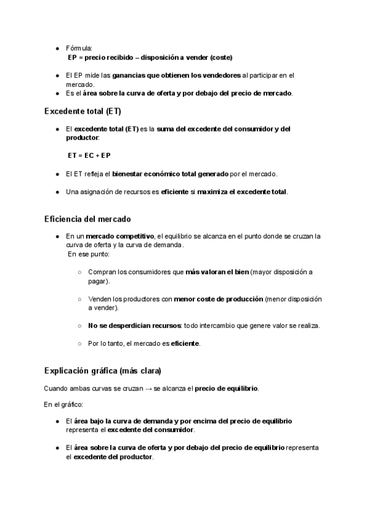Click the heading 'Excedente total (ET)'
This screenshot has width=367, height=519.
pyautogui.click(x=83, y=111)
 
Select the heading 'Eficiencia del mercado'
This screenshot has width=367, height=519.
pyautogui.click(x=87, y=218)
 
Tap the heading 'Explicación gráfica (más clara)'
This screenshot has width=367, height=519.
pyautogui.click(x=103, y=371)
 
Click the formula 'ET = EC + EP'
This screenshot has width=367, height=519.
pyautogui.click(x=89, y=155)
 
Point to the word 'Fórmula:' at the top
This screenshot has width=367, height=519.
pyautogui.click(x=79, y=48)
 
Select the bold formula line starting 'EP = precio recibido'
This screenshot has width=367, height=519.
pyautogui.click(x=150, y=57)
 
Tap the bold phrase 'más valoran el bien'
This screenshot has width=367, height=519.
pyautogui.click(x=217, y=272)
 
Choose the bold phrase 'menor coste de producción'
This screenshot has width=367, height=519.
pyautogui.click(x=218, y=299)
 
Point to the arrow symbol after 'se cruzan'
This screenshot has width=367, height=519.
pyautogui.click(x=149, y=389)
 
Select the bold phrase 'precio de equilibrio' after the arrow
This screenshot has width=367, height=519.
pyautogui.click(x=226, y=389)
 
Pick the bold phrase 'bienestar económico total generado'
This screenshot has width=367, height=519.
pyautogui.click(x=171, y=174)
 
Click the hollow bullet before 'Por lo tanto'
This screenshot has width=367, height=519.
pyautogui.click(x=80, y=343)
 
